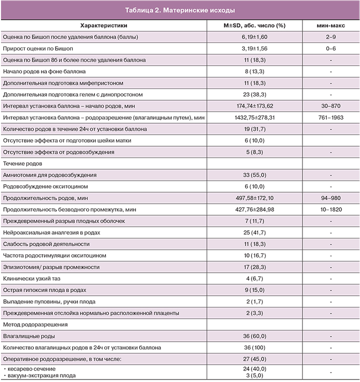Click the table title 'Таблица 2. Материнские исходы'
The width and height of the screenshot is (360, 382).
click(179, 10)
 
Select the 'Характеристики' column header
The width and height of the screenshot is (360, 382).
click(103, 25)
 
